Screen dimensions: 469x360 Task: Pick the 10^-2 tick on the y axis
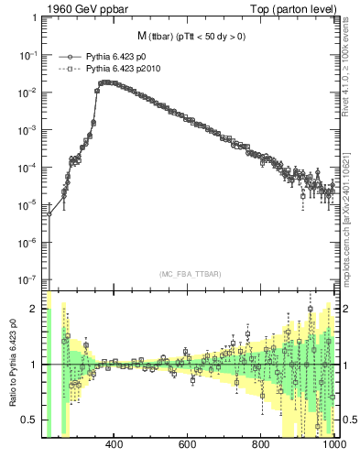30,93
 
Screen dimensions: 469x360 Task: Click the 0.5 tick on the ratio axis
31,420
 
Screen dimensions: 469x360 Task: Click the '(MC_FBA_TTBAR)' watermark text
191,275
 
